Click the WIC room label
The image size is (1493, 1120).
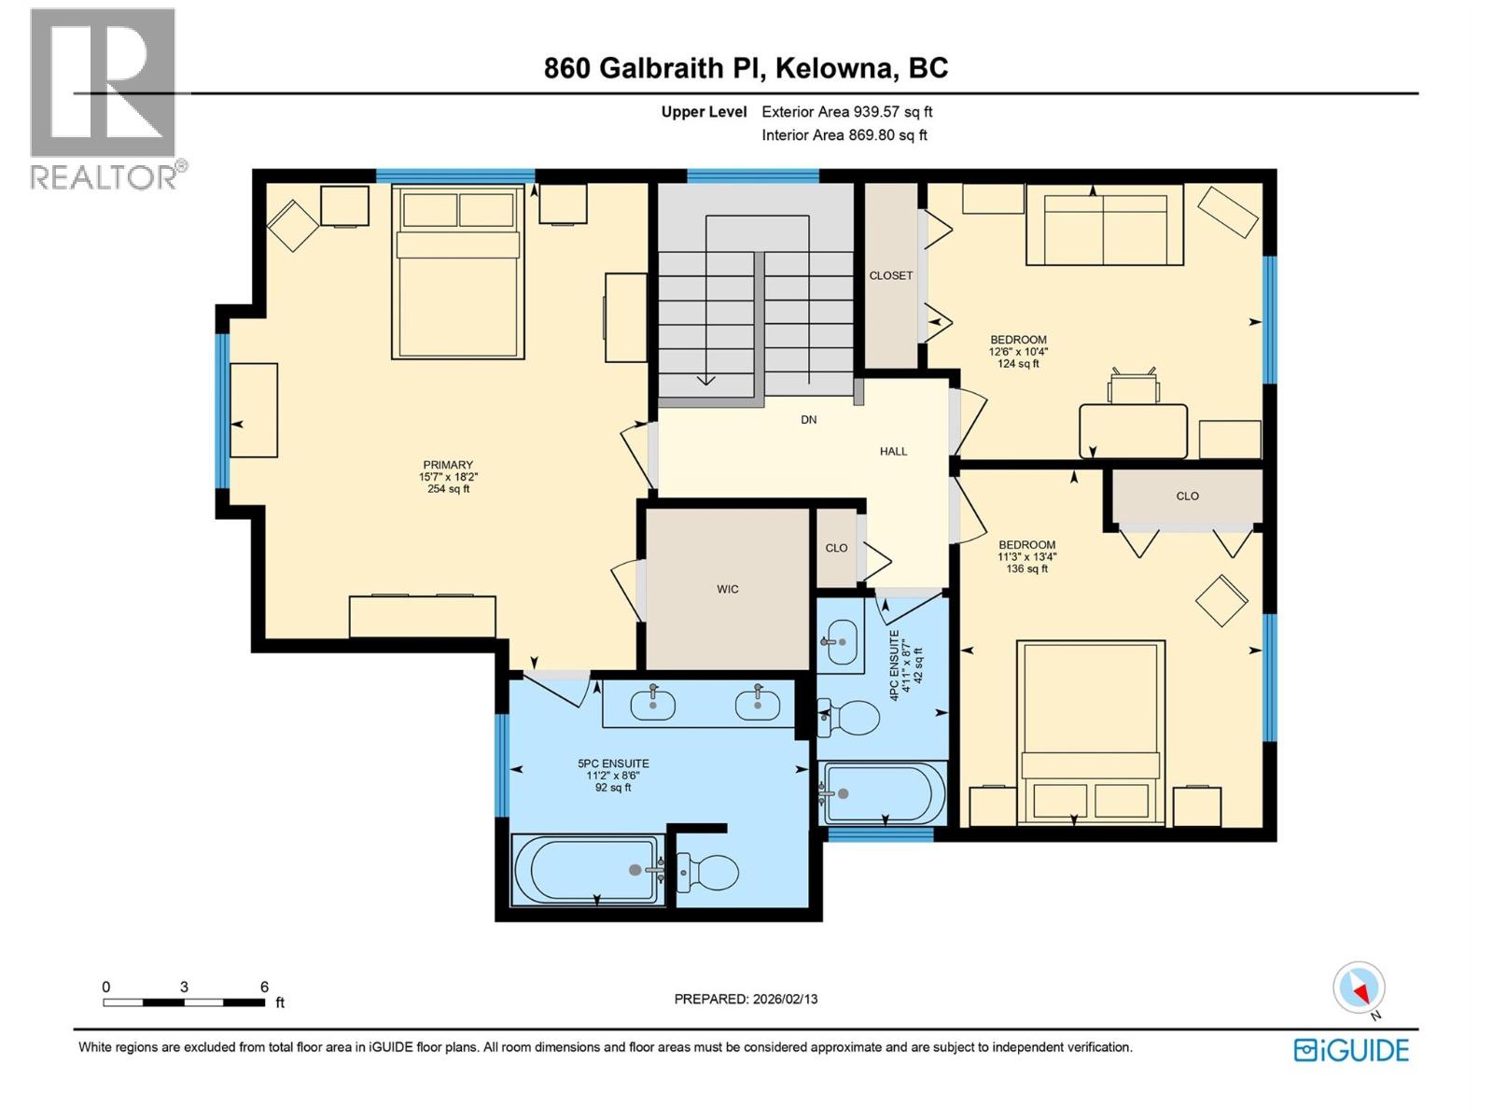[x=727, y=589]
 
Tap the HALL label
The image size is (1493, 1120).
[x=893, y=451]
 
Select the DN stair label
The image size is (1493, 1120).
[x=808, y=420]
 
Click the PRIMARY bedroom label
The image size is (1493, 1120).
[x=448, y=465]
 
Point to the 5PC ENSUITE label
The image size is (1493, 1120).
[x=613, y=763]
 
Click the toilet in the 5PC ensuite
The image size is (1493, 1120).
[x=709, y=873]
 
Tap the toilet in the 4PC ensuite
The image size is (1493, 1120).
[x=852, y=718]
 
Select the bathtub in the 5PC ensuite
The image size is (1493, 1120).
[x=588, y=870]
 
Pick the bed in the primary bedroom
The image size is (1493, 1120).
[x=457, y=273]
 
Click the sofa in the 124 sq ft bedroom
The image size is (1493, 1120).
[x=1105, y=226]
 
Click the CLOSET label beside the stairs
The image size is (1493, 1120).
[x=890, y=275]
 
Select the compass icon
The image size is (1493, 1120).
[x=1359, y=987]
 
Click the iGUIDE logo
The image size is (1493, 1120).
[x=1351, y=1050]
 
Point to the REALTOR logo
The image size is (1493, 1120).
[x=105, y=98]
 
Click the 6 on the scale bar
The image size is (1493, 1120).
[x=264, y=987]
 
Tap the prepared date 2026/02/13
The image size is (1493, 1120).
[x=784, y=999]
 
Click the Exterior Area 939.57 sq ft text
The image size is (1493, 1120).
[x=846, y=112]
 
